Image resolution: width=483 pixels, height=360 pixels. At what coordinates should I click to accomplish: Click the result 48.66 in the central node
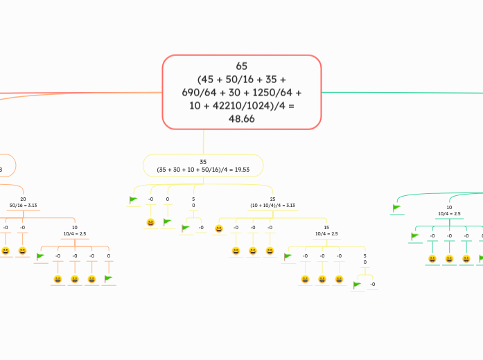click(241, 119)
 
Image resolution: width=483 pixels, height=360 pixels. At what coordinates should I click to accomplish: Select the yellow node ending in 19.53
click(203, 165)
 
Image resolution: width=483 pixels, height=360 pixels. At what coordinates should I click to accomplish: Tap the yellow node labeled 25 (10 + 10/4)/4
click(272, 202)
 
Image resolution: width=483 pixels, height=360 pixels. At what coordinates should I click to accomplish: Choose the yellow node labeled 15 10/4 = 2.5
click(326, 231)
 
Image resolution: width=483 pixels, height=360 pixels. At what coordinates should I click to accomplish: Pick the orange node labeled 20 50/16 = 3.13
click(24, 202)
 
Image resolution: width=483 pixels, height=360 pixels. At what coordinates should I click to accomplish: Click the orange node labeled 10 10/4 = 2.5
click(75, 231)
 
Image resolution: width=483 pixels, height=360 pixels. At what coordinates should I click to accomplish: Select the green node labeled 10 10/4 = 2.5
click(449, 210)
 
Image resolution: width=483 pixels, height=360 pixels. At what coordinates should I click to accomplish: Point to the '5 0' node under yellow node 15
click(365, 260)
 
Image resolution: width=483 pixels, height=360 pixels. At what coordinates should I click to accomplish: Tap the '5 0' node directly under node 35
click(193, 202)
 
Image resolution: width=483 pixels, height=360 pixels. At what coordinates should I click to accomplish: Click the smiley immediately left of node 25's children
click(219, 228)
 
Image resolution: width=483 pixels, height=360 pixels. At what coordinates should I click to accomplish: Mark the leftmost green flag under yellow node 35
click(134, 200)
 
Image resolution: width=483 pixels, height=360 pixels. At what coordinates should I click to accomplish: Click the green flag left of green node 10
click(396, 207)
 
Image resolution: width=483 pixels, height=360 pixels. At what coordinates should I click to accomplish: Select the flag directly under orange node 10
click(40, 257)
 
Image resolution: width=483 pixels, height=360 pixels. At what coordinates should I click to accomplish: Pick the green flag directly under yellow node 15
click(288, 257)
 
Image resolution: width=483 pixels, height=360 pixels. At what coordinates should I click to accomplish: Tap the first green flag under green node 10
click(415, 236)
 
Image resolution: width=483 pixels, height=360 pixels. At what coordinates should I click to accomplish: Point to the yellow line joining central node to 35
click(204, 142)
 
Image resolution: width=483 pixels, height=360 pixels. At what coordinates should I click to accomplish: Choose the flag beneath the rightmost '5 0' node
click(358, 285)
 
